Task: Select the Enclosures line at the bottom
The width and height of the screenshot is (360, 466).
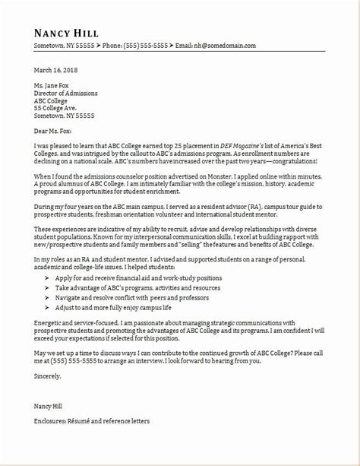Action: (91, 441)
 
